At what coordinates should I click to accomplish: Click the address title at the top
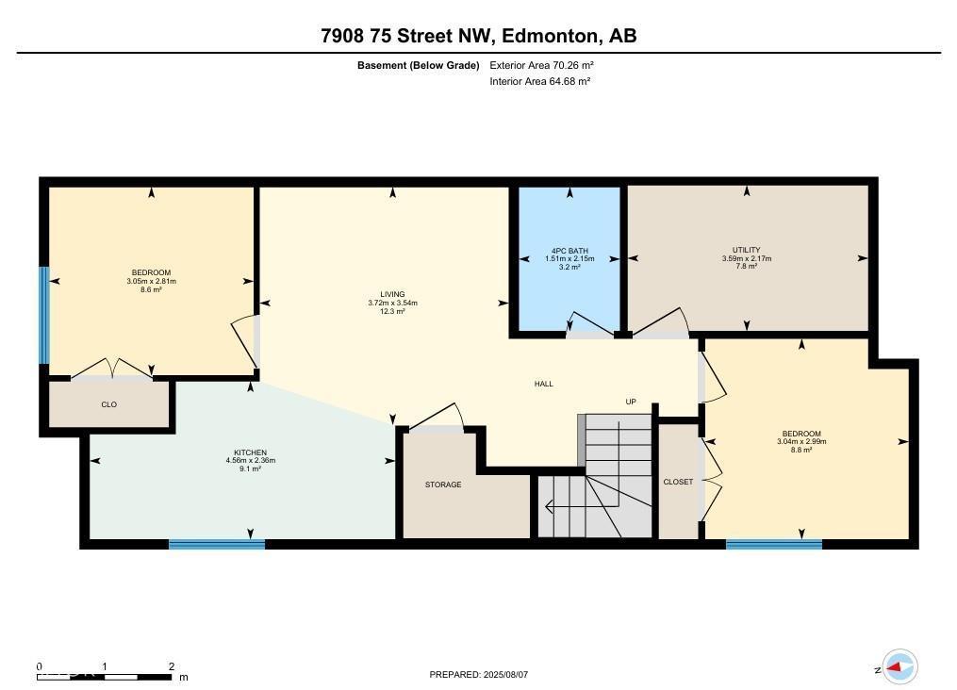pos(478,37)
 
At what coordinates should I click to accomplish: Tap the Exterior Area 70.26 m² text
pos(541,66)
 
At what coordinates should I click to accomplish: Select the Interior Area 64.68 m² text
pos(540,81)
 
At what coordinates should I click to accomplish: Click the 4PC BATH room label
pos(569,251)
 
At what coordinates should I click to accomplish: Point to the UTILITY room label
pos(747,251)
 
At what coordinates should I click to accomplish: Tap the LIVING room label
pos(392,295)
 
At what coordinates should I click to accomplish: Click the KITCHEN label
pos(250,452)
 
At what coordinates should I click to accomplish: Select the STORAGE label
pos(443,485)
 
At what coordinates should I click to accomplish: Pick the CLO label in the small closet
pos(108,404)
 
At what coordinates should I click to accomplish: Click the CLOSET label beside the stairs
pos(678,482)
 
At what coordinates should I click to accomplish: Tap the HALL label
pos(544,384)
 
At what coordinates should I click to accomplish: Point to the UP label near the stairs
pos(631,402)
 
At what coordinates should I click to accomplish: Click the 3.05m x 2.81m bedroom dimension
pos(152,281)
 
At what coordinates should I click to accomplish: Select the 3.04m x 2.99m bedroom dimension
pos(800,442)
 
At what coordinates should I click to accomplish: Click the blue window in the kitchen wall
pos(217,544)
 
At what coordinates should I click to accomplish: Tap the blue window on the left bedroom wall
pos(43,315)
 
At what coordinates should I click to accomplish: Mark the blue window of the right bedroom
pos(774,544)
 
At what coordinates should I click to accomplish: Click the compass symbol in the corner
pos(899,667)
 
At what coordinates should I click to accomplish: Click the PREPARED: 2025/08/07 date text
pos(478,675)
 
